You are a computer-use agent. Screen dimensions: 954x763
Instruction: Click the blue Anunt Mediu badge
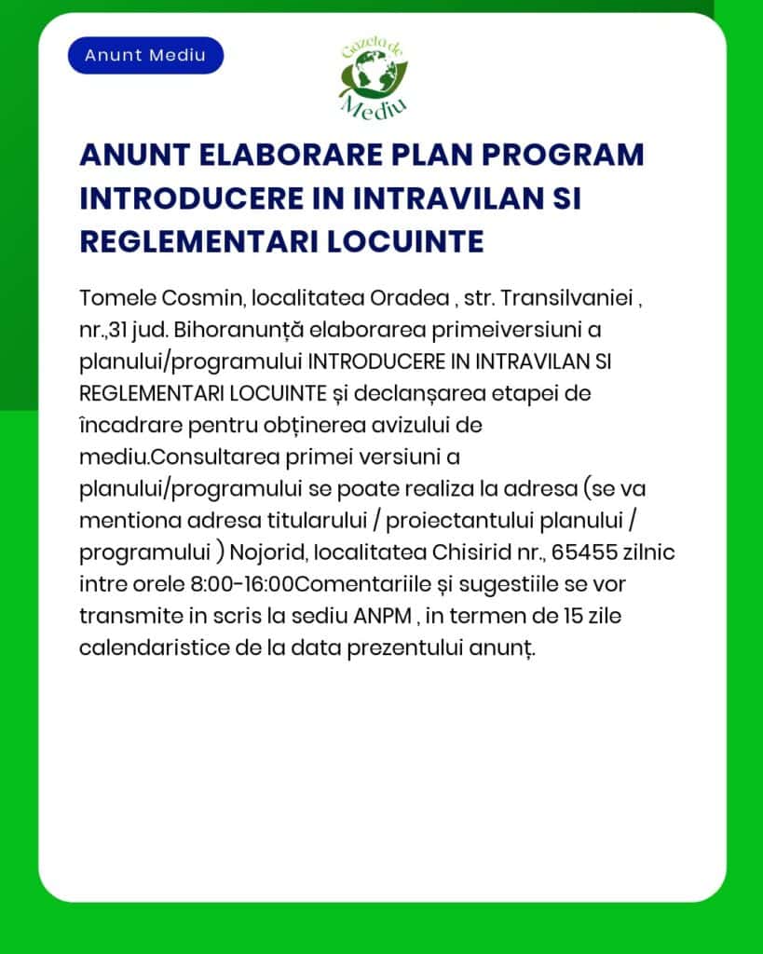point(145,55)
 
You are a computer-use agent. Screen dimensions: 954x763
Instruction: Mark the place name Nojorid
point(267,552)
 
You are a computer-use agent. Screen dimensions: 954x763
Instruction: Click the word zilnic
point(650,552)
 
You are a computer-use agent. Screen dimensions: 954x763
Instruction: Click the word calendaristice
point(150,647)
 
